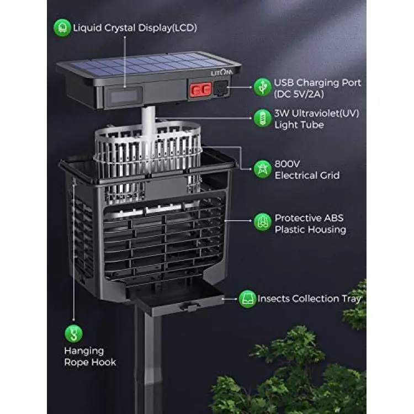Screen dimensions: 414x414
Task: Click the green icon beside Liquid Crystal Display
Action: pyautogui.click(x=62, y=28)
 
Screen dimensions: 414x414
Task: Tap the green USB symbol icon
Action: pyautogui.click(x=262, y=87)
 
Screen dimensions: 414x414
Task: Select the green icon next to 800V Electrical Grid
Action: pyautogui.click(x=262, y=169)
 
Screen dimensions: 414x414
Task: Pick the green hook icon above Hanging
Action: pyautogui.click(x=73, y=334)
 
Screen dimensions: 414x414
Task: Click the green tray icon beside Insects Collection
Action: pyautogui.click(x=247, y=299)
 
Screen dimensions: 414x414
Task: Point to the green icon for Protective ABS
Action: pyautogui.click(x=262, y=222)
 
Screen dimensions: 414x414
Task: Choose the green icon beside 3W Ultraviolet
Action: pyautogui.click(x=262, y=118)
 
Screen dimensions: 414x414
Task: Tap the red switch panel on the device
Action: pyautogui.click(x=200, y=89)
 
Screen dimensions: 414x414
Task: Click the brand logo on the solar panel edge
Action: pyautogui.click(x=222, y=72)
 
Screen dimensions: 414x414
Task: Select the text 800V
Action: pyautogui.click(x=287, y=164)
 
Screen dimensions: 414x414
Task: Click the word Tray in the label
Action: pyautogui.click(x=352, y=299)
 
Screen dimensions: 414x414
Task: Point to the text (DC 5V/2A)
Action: pyautogui.click(x=299, y=94)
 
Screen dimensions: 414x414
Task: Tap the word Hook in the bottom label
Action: pyautogui.click(x=103, y=362)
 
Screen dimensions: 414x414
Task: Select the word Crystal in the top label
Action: pyautogui.click(x=120, y=28)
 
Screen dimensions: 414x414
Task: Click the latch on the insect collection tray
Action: pyautogui.click(x=189, y=307)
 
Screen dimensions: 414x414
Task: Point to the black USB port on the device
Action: pyautogui.click(x=221, y=88)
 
